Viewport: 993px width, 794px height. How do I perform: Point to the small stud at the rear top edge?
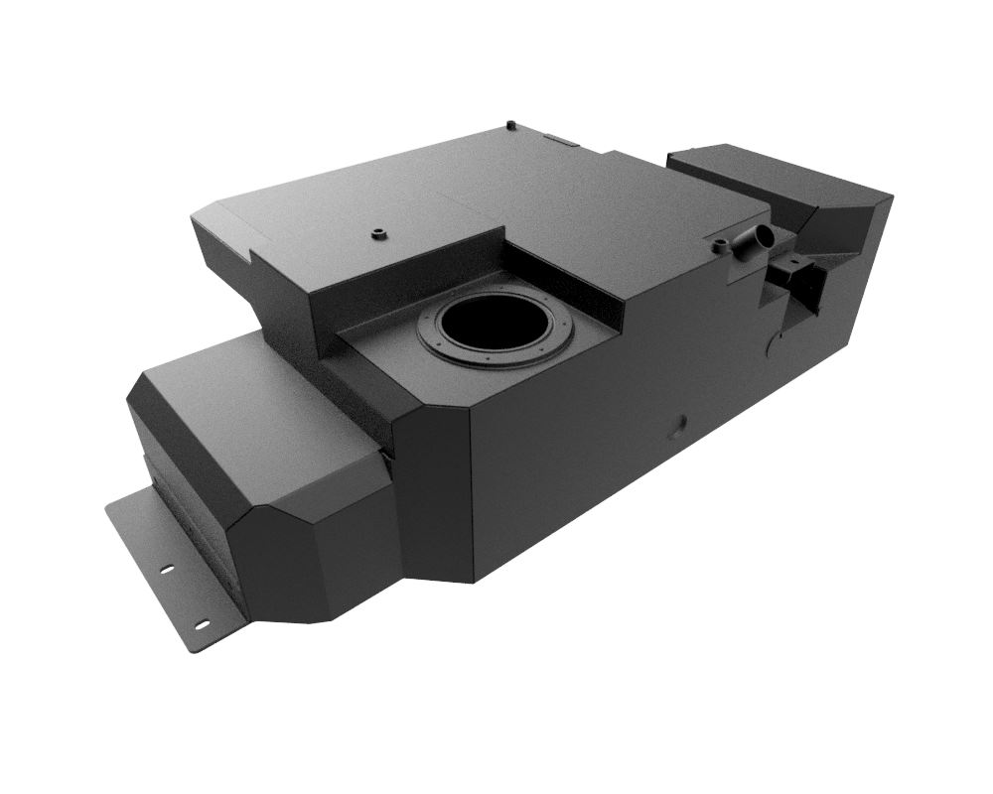point(509,125)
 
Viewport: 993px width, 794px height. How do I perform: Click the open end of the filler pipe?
point(762,236)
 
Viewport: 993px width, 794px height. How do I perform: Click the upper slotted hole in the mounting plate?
point(167,569)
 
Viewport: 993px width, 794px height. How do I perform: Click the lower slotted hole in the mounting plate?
point(202,624)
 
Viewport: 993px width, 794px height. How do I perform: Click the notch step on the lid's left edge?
point(256,255)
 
